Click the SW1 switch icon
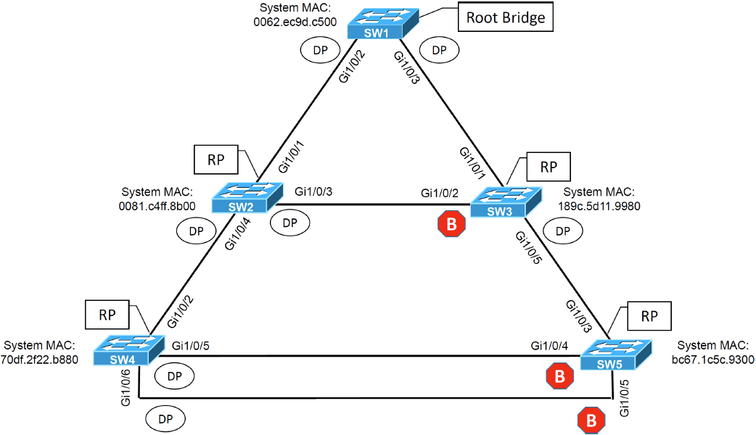tap(375, 24)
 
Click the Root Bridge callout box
tap(505, 17)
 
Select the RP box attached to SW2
tap(215, 160)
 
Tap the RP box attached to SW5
tap(650, 317)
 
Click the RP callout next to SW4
tap(108, 315)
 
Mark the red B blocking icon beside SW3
tap(451, 225)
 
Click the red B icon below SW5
tap(591, 420)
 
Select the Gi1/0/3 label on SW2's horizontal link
tap(319, 191)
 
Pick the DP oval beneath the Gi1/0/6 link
tap(165, 418)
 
